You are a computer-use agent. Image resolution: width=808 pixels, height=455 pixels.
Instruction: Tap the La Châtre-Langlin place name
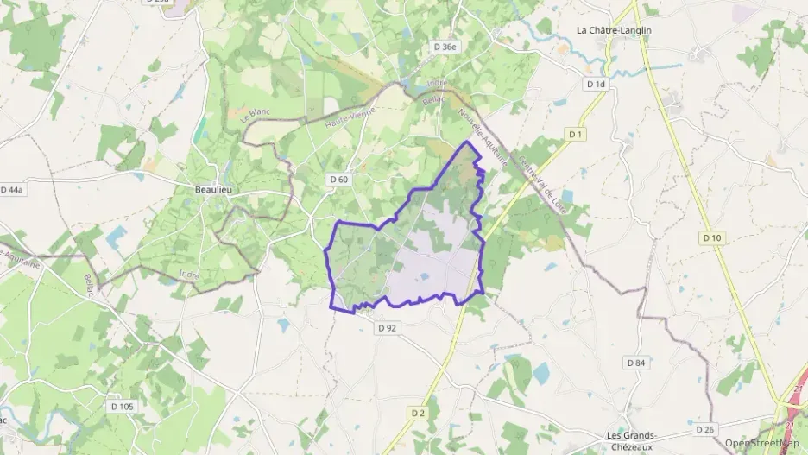[614, 30]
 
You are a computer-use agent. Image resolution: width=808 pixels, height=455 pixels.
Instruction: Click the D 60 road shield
[338, 179]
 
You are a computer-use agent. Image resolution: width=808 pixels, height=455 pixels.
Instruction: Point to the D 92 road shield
[386, 328]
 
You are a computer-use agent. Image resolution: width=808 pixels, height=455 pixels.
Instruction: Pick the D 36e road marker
[444, 47]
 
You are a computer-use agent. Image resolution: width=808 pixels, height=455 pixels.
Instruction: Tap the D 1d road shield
[596, 84]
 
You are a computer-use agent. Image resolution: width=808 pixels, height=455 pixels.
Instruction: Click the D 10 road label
[711, 237]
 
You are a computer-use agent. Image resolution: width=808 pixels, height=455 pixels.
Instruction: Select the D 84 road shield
[635, 363]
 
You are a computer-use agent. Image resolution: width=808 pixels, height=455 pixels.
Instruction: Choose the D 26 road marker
[705, 429]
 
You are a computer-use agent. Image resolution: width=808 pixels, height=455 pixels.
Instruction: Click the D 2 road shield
[418, 414]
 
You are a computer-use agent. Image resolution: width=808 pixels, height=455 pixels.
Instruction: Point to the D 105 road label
[122, 405]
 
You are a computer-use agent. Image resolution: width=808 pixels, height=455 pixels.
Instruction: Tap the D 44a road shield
[11, 189]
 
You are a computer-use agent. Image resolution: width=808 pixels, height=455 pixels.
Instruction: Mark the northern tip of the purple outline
[469, 141]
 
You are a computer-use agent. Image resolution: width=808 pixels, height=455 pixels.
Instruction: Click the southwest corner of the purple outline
[333, 306]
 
